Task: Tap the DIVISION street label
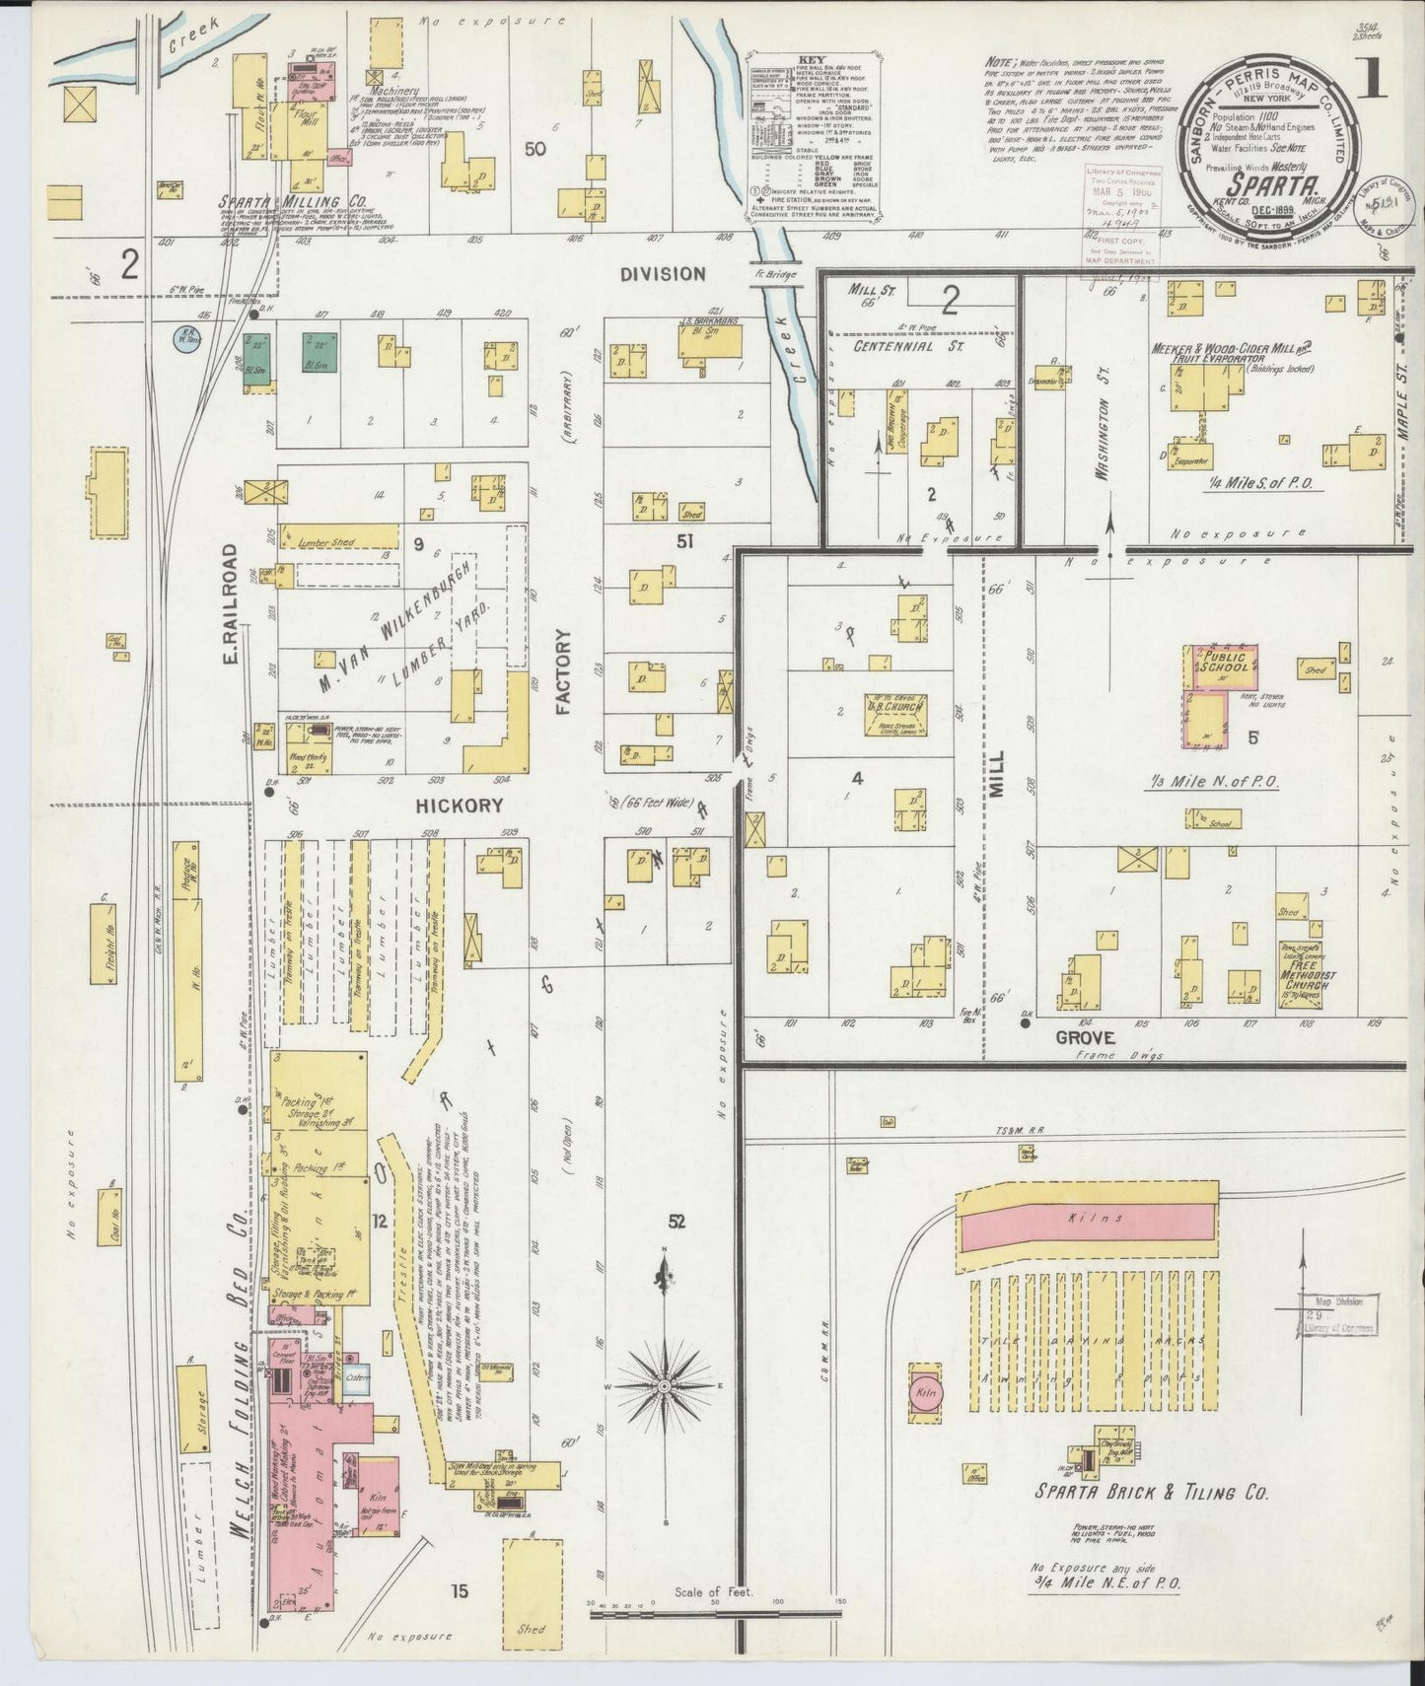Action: pyautogui.click(x=663, y=273)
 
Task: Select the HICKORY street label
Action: pyautogui.click(x=459, y=805)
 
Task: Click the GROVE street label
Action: pyautogui.click(x=1085, y=1037)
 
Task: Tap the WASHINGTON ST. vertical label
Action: pyautogui.click(x=1104, y=439)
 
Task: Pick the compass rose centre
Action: pyautogui.click(x=665, y=1385)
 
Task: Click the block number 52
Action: pyautogui.click(x=676, y=1222)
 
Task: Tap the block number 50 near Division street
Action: pyautogui.click(x=535, y=149)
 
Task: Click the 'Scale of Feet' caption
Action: pyautogui.click(x=713, y=1619)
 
